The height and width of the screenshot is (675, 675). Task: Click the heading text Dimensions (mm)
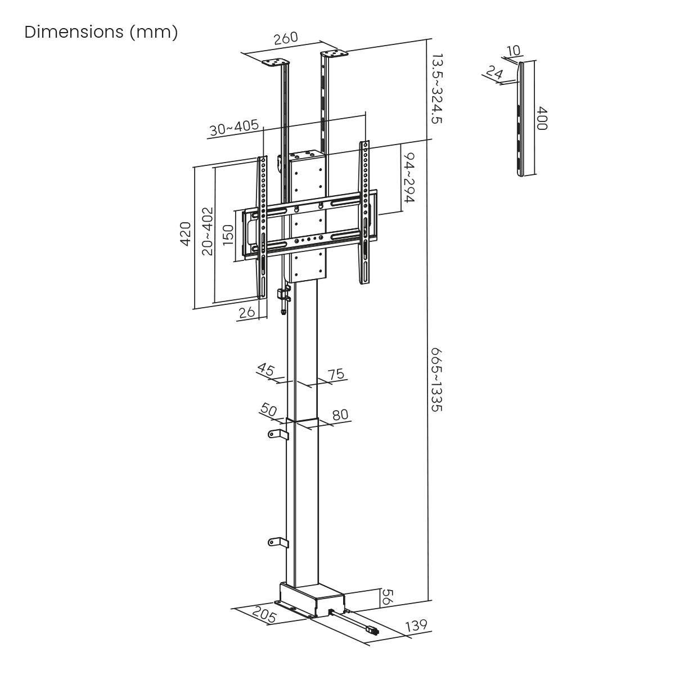pos(101,32)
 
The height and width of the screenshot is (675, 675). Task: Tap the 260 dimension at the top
pos(285,39)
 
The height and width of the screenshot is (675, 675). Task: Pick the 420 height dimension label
pos(185,233)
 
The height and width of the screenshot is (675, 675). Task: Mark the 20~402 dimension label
pos(208,231)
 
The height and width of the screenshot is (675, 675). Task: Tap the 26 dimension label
pos(247,312)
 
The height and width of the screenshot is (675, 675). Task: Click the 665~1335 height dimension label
pos(437,379)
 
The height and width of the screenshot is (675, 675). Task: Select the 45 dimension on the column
pos(266,370)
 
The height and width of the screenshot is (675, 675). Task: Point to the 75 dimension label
pos(336,375)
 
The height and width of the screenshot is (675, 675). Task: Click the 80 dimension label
pos(340,416)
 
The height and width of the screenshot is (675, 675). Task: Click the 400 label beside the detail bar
pos(541,119)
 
